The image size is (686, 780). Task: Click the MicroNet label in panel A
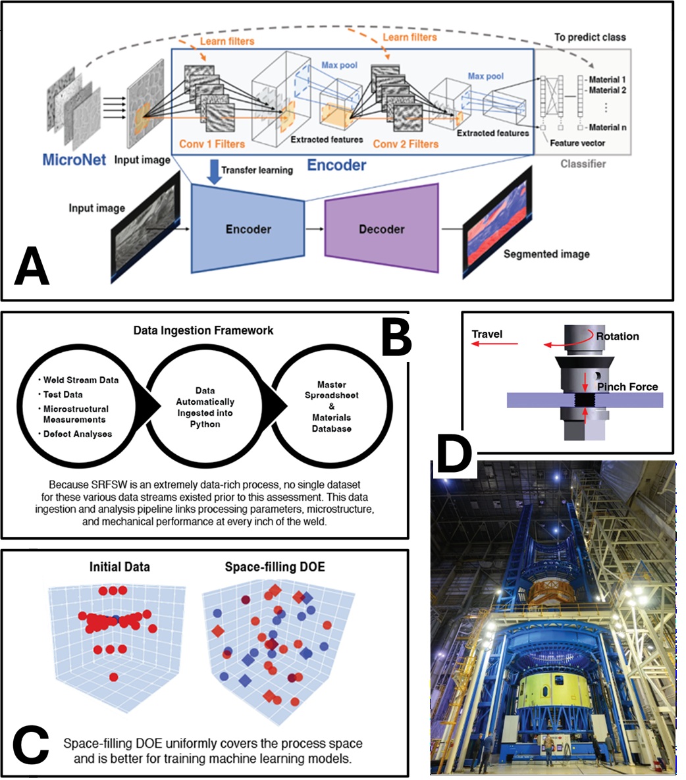[74, 159]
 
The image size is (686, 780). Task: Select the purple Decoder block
[382, 229]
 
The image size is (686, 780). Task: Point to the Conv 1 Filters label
[212, 143]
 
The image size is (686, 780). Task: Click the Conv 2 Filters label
[406, 143]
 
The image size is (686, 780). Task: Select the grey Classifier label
[583, 163]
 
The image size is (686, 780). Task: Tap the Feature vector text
[577, 142]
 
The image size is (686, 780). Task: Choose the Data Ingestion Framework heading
[203, 330]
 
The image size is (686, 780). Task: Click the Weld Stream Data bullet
[80, 380]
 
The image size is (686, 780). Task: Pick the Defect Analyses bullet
[77, 434]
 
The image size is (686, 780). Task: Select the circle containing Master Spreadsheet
[331, 406]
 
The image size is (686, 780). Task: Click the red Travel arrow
[494, 344]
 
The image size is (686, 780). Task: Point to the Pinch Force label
[627, 387]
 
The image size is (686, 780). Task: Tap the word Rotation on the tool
[617, 336]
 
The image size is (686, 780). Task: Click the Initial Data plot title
[120, 567]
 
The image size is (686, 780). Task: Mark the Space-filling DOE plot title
[275, 567]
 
